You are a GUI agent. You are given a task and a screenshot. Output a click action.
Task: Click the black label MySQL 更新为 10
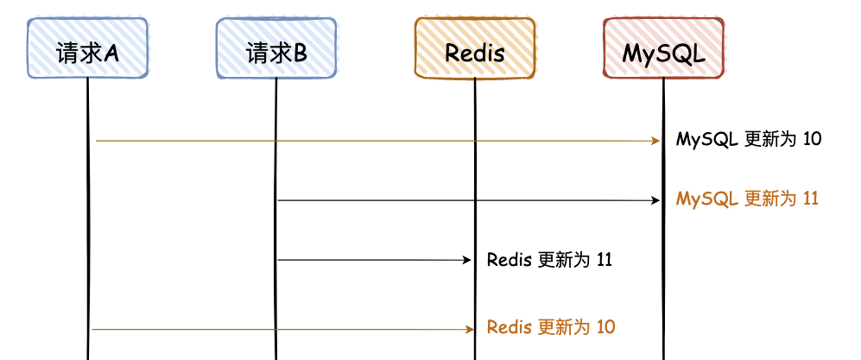click(x=749, y=139)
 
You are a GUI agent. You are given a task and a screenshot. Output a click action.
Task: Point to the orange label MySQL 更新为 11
click(x=747, y=199)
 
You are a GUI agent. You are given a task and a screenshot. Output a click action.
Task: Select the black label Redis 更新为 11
click(x=549, y=259)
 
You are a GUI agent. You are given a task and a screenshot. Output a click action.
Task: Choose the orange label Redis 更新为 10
click(x=551, y=328)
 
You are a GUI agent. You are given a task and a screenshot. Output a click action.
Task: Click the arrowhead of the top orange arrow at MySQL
click(x=655, y=140)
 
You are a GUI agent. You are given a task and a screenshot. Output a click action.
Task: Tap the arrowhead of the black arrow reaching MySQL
click(x=655, y=200)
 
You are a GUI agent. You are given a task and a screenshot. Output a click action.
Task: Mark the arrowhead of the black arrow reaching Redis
click(x=466, y=259)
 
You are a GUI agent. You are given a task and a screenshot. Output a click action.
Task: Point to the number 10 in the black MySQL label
click(x=812, y=139)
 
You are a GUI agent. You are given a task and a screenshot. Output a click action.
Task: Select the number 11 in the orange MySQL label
click(x=810, y=199)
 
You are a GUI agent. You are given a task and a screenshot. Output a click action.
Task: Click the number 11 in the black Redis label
click(x=605, y=259)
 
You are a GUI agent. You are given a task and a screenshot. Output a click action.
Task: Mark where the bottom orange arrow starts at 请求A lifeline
click(x=92, y=329)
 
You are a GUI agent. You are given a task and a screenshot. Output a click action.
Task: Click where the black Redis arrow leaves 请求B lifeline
click(x=278, y=259)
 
